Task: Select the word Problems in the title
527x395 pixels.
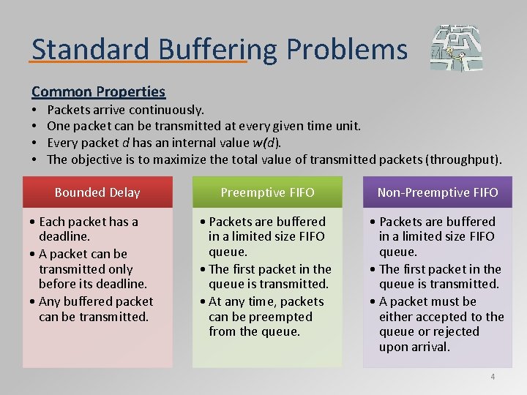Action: click(347, 49)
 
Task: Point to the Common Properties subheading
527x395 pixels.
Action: click(98, 91)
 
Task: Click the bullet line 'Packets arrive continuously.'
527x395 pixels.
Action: click(125, 110)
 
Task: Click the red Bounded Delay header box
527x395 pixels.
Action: click(97, 192)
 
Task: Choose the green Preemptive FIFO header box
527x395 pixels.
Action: click(267, 192)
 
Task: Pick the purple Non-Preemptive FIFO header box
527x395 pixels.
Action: click(437, 192)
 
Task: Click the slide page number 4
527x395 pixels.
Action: click(493, 377)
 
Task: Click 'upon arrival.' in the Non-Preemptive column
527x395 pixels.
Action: click(414, 347)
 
